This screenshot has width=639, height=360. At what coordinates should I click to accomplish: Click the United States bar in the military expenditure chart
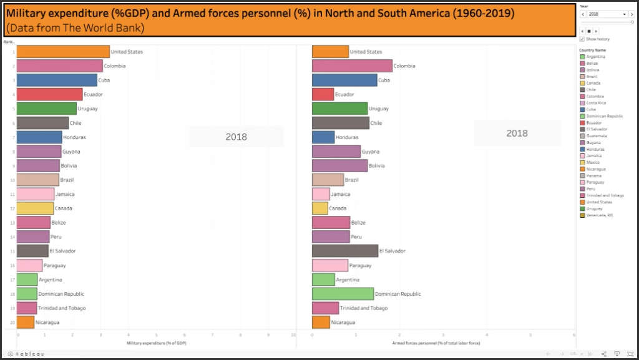click(x=63, y=52)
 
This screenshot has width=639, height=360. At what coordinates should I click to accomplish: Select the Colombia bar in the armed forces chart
click(x=352, y=66)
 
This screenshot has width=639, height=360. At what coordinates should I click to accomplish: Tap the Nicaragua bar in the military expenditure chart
click(x=26, y=322)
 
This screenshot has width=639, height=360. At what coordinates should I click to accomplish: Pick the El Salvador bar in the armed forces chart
click(x=345, y=251)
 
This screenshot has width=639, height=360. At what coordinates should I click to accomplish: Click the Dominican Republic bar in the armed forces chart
click(x=343, y=294)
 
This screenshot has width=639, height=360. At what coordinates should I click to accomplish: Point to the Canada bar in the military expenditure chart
click(x=35, y=208)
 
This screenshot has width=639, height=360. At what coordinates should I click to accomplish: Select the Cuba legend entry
click(x=590, y=110)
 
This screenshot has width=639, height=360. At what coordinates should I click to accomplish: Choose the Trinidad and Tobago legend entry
click(x=604, y=195)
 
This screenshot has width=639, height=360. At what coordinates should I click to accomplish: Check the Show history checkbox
click(x=582, y=39)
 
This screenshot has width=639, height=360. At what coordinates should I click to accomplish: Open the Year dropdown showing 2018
click(x=605, y=14)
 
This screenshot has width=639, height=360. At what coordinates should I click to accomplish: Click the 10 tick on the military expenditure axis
click(x=293, y=336)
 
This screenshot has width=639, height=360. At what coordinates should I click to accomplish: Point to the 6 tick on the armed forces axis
click(x=573, y=336)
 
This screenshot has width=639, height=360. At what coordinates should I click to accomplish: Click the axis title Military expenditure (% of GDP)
click(x=157, y=343)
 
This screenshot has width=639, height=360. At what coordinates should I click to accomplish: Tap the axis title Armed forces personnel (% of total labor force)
click(x=436, y=343)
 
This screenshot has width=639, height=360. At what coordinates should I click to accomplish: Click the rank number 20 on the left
click(x=12, y=323)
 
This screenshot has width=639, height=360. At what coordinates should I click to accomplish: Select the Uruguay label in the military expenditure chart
click(x=87, y=109)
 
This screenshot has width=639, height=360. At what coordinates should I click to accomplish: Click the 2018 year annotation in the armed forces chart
click(x=517, y=133)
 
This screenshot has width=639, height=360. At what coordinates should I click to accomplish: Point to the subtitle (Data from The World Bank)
click(x=75, y=28)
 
